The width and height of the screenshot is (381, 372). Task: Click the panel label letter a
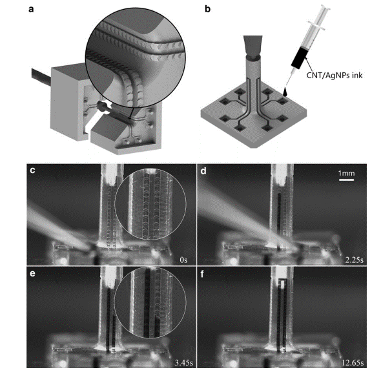31,10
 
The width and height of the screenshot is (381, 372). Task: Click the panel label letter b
207,9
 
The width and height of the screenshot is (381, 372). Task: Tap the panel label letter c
32,170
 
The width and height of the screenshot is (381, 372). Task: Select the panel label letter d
203,170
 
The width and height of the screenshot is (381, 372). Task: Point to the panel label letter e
32,274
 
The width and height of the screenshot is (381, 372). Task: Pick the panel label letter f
202,274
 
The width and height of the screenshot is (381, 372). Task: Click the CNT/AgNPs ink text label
335,76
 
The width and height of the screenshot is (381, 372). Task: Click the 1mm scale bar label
346,173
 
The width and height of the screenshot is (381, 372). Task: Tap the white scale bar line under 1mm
346,180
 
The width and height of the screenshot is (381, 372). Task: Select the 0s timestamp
183,260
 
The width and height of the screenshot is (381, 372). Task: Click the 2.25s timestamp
355,260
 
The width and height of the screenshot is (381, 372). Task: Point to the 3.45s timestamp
184,363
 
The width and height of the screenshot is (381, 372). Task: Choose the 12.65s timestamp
353,363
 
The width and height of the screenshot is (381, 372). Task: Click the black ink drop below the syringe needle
285,92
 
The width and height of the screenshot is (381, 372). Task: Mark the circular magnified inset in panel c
150,204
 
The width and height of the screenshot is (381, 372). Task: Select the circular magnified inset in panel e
150,302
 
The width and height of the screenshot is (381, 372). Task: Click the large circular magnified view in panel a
136,58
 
